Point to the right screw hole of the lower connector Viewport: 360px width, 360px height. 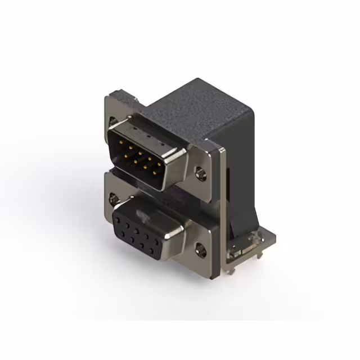(x=201, y=246)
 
